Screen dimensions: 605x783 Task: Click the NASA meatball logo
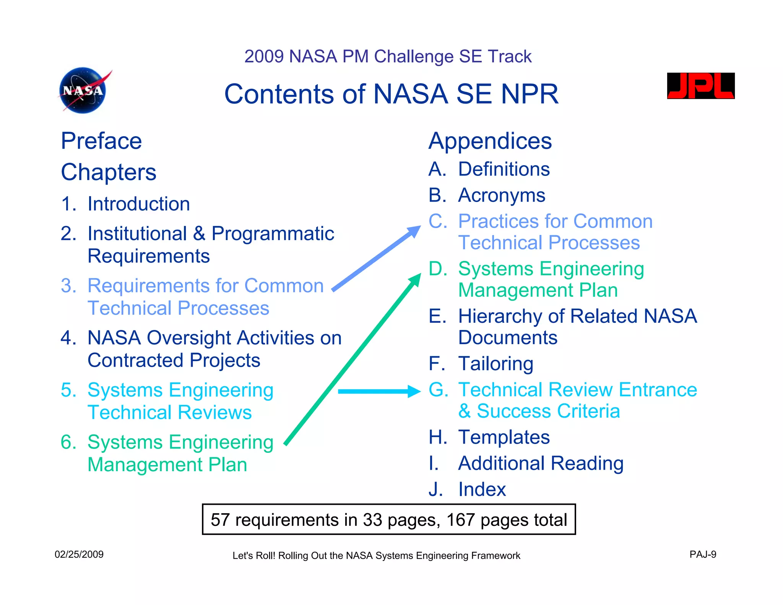[x=83, y=91]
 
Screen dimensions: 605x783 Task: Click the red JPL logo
[x=700, y=86]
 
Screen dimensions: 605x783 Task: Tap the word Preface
[x=101, y=141]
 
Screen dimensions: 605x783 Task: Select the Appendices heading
[x=490, y=141]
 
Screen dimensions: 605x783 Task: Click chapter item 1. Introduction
[x=125, y=204]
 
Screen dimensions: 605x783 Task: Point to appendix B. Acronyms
[x=487, y=195]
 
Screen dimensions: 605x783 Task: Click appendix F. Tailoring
[x=481, y=364]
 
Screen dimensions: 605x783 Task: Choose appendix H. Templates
[x=489, y=437]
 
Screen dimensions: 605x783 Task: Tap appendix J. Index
[x=467, y=490]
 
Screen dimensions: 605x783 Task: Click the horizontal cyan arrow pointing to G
[x=379, y=391]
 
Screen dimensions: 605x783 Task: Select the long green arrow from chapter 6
[x=352, y=359]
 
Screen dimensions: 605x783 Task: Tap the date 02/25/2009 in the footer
[x=79, y=555]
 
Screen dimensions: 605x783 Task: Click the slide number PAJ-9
[x=703, y=555]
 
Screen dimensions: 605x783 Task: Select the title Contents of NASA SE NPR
[x=391, y=94]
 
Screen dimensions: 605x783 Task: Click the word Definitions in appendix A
[x=504, y=169]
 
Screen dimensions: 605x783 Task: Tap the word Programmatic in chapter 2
[x=273, y=234]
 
